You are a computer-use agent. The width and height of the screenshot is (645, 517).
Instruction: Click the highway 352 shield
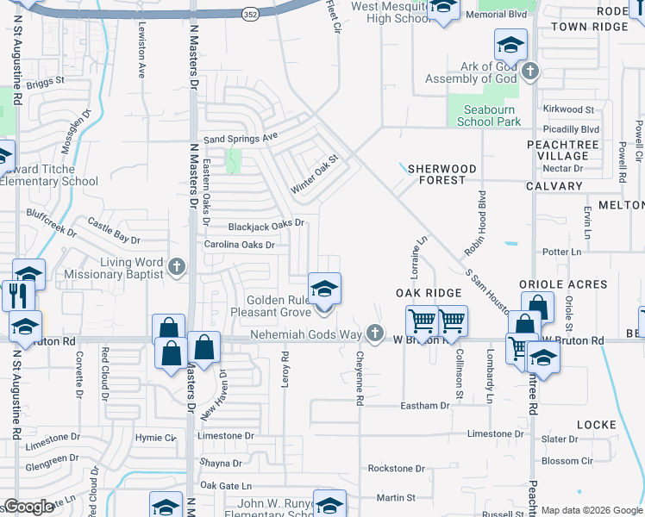(250, 15)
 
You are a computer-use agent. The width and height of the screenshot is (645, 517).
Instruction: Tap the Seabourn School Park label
(488, 115)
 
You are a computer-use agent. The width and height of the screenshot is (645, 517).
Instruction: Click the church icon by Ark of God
(529, 71)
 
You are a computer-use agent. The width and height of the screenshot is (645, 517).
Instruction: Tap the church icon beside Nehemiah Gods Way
(373, 333)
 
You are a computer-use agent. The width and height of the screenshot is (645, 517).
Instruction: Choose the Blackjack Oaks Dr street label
(266, 225)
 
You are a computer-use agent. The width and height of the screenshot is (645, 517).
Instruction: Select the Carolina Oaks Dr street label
(239, 245)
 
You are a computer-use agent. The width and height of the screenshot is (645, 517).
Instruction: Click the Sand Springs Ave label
(241, 138)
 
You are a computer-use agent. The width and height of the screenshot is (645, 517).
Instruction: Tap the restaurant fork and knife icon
(17, 296)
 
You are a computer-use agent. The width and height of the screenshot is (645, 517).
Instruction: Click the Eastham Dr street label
(424, 405)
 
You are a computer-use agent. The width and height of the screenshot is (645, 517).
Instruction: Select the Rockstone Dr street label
(396, 469)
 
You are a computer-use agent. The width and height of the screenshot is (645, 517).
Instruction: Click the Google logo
(28, 507)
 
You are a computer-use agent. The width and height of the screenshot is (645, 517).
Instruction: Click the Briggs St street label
(46, 83)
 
